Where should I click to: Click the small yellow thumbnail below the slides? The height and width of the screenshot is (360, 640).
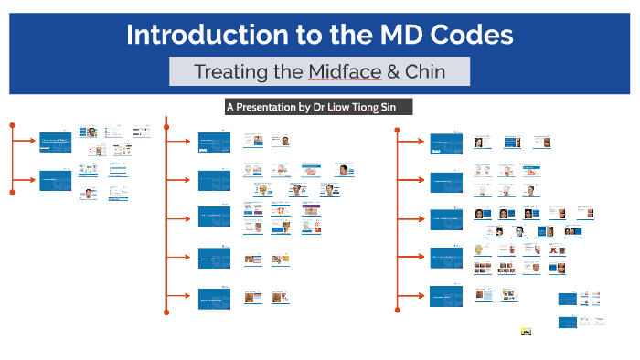tap(525, 332)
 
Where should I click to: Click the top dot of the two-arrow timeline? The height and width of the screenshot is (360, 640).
tap(12, 122)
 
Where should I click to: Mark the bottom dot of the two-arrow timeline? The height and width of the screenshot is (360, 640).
tap(12, 192)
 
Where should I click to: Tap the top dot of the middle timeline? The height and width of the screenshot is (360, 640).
tap(165, 119)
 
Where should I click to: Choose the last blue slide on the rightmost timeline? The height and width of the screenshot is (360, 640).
tap(445, 296)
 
